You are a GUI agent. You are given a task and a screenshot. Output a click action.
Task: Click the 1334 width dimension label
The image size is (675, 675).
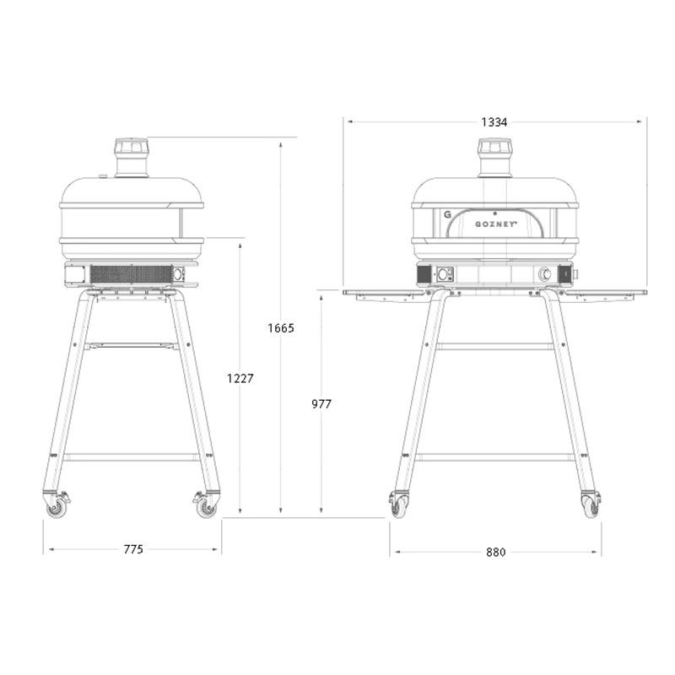[x=494, y=122]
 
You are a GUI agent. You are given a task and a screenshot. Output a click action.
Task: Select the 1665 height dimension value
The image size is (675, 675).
[x=281, y=328]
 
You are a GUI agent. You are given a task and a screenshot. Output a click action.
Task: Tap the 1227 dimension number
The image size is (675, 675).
[x=240, y=378]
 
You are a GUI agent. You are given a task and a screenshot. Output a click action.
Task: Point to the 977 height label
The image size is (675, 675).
[x=321, y=404]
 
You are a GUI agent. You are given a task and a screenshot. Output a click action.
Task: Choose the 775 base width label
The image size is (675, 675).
[x=133, y=549]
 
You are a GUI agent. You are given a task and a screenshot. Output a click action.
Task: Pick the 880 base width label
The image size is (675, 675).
[x=495, y=553]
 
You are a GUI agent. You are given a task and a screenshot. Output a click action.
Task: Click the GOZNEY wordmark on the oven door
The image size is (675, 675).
[x=496, y=224]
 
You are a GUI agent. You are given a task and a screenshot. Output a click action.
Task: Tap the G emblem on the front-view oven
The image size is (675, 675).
[x=447, y=214]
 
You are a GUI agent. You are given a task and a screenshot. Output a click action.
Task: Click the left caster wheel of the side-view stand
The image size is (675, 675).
[x=57, y=508]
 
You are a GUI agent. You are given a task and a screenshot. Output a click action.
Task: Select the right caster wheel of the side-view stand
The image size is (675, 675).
[x=207, y=508]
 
